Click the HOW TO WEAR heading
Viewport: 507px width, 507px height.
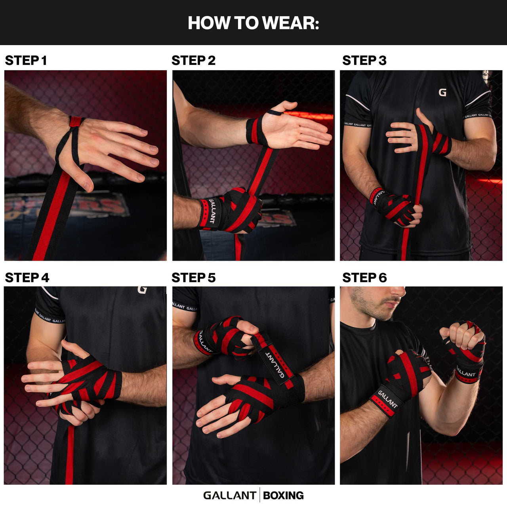pos(253,23)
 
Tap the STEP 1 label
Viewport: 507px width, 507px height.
pos(26,61)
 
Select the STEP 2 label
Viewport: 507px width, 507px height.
pos(193,61)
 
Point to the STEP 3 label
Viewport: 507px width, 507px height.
pos(364,61)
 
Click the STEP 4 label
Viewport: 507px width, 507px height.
pos(27,278)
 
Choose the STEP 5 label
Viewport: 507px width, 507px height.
pos(193,278)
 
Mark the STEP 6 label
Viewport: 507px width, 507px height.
pos(364,278)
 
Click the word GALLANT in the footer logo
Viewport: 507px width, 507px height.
pos(229,496)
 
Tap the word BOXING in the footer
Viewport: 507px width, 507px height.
pos(283,496)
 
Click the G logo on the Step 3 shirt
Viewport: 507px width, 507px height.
pos(442,93)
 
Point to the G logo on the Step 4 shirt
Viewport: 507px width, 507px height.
pos(142,290)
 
